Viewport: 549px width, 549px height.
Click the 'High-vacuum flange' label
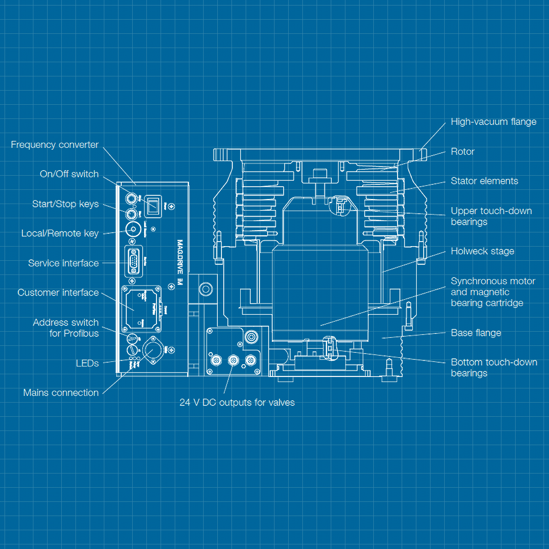493,122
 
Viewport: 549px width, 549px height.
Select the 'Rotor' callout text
463,151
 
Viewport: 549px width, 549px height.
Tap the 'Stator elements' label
484,181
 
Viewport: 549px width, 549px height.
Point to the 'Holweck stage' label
482,251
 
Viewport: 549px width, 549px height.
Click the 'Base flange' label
476,333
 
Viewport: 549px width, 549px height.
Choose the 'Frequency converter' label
54,145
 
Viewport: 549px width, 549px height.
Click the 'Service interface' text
63,263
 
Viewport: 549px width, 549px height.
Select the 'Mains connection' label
61,393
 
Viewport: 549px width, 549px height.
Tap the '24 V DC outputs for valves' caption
237,403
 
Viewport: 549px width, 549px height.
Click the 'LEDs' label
87,363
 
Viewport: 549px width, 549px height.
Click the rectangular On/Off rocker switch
153,206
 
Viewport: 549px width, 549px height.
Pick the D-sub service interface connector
133,261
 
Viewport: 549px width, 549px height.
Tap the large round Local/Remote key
133,229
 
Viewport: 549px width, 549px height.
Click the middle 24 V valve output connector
233,361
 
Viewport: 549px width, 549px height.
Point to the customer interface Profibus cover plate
141,310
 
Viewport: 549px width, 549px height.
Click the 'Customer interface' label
58,293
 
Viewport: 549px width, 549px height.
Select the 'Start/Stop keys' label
65,204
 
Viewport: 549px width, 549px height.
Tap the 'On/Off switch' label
69,174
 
